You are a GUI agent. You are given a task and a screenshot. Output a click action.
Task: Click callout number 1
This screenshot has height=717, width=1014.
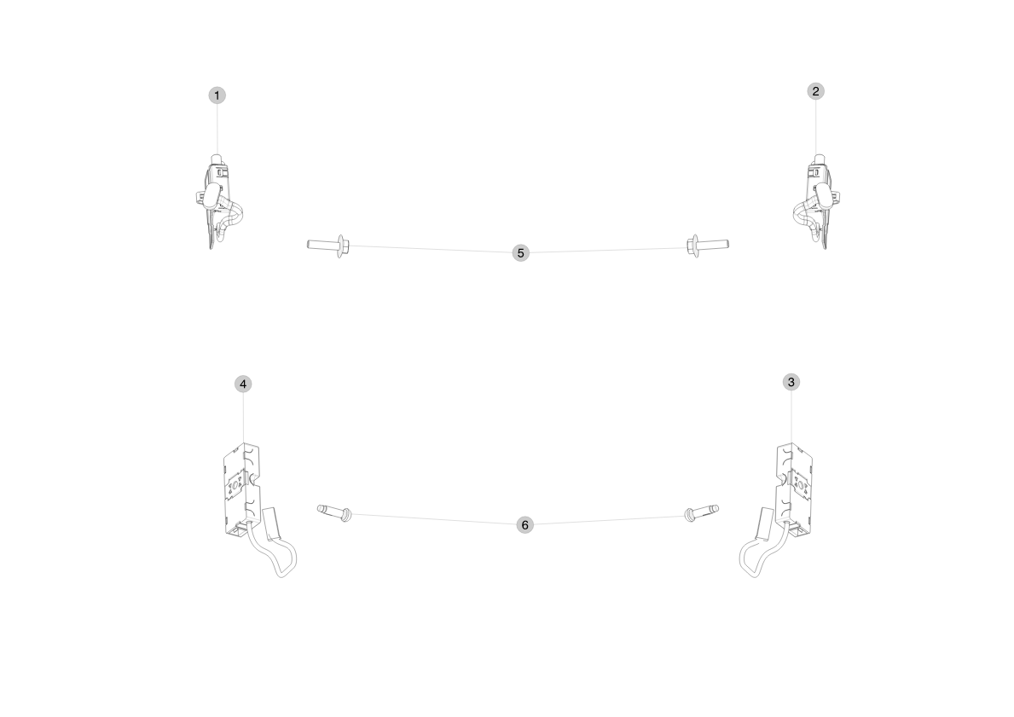(x=217, y=95)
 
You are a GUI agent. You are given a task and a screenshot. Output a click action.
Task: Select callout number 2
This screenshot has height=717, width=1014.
(x=815, y=91)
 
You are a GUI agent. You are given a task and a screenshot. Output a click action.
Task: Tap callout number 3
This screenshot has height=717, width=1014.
(x=791, y=382)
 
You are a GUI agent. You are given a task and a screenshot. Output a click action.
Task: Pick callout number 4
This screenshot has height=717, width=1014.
(x=242, y=384)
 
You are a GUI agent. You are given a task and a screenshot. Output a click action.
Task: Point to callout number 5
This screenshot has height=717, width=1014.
(x=520, y=253)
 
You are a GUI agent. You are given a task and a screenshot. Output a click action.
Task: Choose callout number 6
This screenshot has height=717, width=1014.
(x=524, y=525)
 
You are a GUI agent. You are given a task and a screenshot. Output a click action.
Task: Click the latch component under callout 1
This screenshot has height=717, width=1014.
(x=218, y=201)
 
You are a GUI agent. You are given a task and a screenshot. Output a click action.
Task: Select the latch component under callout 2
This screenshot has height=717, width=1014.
(x=816, y=201)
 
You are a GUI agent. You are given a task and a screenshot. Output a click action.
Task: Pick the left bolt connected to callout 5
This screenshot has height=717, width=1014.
(x=328, y=245)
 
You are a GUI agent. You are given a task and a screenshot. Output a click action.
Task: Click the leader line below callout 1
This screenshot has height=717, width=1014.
(x=217, y=129)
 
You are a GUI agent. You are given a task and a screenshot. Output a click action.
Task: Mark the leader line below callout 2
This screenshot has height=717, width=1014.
(x=815, y=127)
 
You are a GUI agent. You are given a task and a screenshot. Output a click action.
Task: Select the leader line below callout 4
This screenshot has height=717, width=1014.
(x=243, y=418)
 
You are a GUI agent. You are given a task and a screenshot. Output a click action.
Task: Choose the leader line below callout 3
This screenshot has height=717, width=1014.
(x=791, y=416)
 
